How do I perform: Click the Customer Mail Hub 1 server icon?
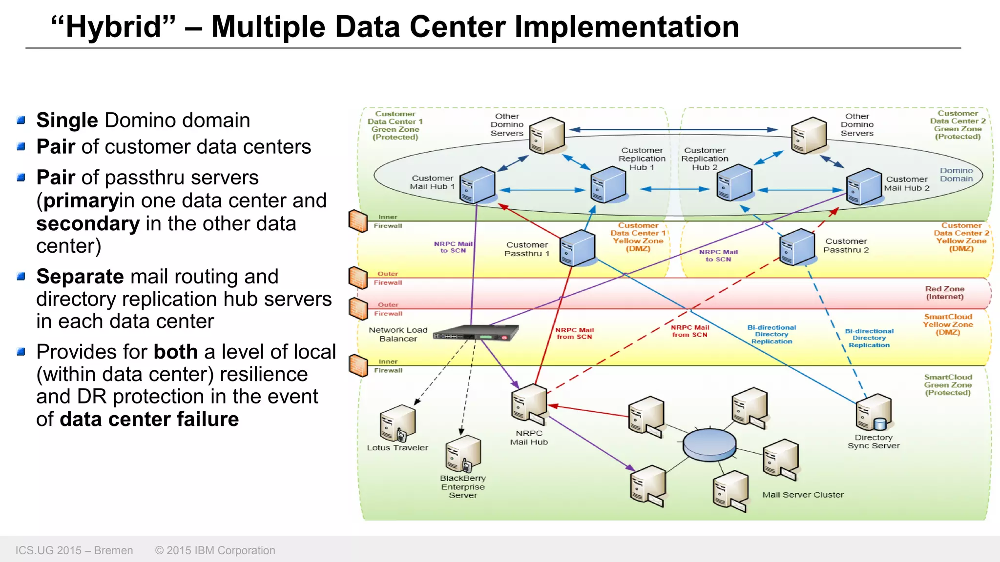tap(477, 185)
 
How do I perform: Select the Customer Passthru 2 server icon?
tap(797, 247)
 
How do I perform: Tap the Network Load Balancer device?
tap(475, 333)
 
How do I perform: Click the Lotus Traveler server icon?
tap(397, 423)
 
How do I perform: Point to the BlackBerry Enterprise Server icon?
tap(463, 454)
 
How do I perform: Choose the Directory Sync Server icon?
tap(873, 413)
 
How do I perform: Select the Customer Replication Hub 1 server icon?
tap(608, 185)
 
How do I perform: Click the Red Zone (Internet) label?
tap(944, 293)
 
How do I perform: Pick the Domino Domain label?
tap(956, 175)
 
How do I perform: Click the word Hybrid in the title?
tap(113, 27)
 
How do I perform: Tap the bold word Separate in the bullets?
tap(80, 277)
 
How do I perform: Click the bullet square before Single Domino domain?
tap(21, 120)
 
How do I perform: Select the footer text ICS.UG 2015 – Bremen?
tap(74, 550)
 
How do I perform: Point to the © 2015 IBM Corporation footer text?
tap(215, 550)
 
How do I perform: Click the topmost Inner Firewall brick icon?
tap(358, 221)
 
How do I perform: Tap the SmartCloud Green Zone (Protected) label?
tap(947, 385)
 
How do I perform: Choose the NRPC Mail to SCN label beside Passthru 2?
tap(718, 256)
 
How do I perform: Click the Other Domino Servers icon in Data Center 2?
tap(809, 135)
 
